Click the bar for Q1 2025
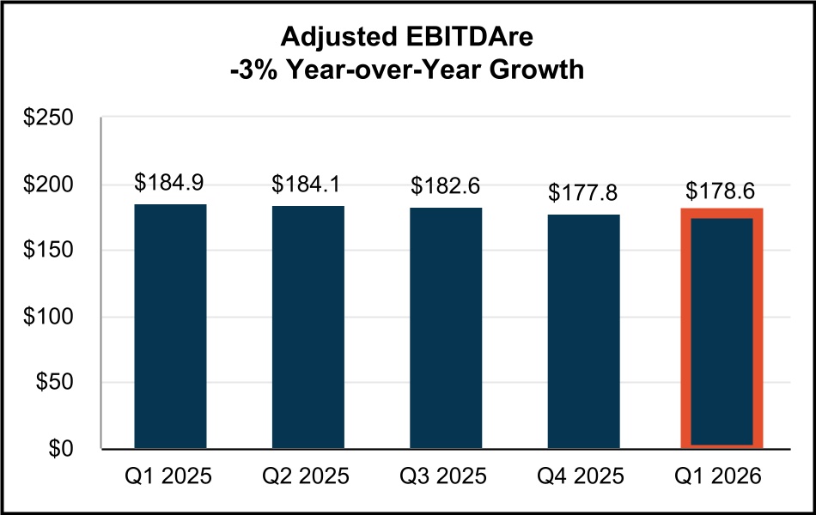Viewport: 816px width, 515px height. [170, 326]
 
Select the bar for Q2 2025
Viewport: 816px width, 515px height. [308, 326]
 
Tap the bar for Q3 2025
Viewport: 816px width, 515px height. [446, 327]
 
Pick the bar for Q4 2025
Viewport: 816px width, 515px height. [584, 330]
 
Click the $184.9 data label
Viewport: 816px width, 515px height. [170, 184]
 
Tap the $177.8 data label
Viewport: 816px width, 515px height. [584, 192]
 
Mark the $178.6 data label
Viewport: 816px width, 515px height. [722, 191]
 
